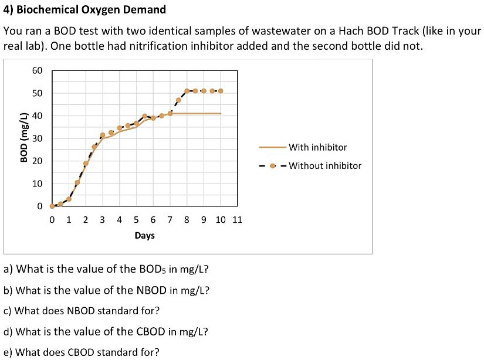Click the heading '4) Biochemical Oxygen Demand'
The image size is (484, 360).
[x=84, y=10]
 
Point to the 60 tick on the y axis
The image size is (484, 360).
[x=38, y=70]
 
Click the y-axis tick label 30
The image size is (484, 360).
[x=38, y=138]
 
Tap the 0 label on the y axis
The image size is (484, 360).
[x=40, y=206]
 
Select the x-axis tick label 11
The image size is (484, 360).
[x=237, y=220]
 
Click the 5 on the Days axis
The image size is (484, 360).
[x=136, y=220]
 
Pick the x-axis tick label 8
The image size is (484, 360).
[x=187, y=220]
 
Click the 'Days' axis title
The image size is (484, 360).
[x=144, y=236]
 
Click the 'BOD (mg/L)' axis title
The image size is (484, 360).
[x=24, y=138]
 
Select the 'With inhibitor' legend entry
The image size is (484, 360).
[x=317, y=147]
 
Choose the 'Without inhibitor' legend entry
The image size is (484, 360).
[x=325, y=165]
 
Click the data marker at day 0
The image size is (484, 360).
[x=52, y=206]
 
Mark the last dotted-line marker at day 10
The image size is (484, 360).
[x=220, y=91]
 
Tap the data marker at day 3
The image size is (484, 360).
[x=103, y=135]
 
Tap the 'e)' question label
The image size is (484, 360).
[x=8, y=352]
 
